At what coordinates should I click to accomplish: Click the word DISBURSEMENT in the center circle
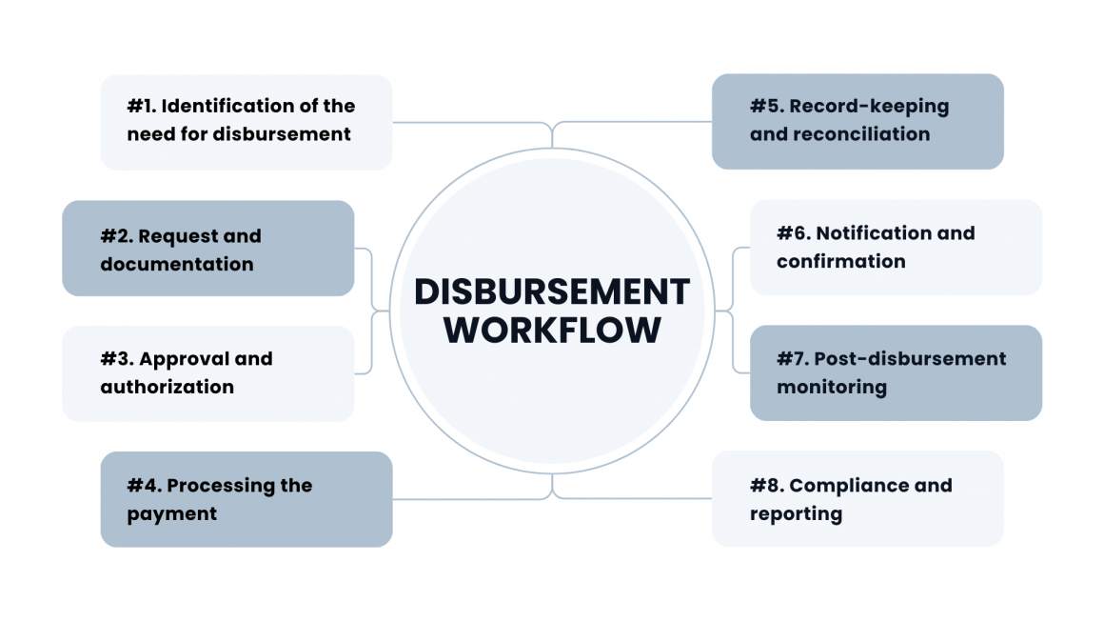(552, 291)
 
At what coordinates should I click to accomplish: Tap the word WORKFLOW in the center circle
(552, 330)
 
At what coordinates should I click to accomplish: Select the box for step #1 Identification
(246, 122)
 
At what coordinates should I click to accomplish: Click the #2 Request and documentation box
(207, 248)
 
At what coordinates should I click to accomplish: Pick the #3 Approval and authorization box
(207, 373)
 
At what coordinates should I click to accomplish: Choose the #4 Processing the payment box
(246, 499)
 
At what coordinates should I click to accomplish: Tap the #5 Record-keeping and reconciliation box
(857, 121)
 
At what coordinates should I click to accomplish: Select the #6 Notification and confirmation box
(895, 247)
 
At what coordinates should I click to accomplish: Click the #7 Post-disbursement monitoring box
(895, 372)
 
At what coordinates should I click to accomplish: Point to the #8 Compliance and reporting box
(857, 498)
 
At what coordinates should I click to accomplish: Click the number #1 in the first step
(141, 106)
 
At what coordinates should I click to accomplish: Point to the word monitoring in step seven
(831, 387)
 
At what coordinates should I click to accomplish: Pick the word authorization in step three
(167, 387)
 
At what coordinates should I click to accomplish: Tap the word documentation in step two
(176, 264)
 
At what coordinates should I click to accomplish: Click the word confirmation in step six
(840, 261)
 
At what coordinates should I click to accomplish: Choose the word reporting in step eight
(796, 513)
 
